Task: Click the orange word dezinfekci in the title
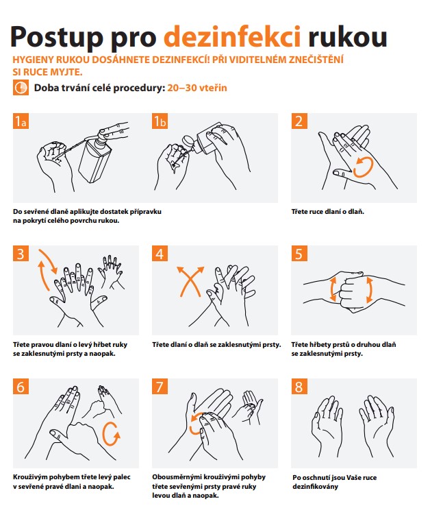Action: [232, 37]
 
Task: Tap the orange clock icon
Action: [21, 88]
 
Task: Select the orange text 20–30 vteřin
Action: [197, 88]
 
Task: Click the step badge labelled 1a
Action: [21, 121]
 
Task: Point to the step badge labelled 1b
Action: [160, 121]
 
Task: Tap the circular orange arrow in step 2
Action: [363, 167]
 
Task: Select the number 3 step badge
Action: [21, 254]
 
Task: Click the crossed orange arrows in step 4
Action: [190, 281]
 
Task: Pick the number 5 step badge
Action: [299, 254]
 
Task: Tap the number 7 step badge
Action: [160, 387]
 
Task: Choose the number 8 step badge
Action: [299, 387]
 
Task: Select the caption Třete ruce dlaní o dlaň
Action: [328, 212]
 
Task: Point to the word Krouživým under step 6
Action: [30, 477]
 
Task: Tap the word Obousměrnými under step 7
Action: [176, 477]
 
